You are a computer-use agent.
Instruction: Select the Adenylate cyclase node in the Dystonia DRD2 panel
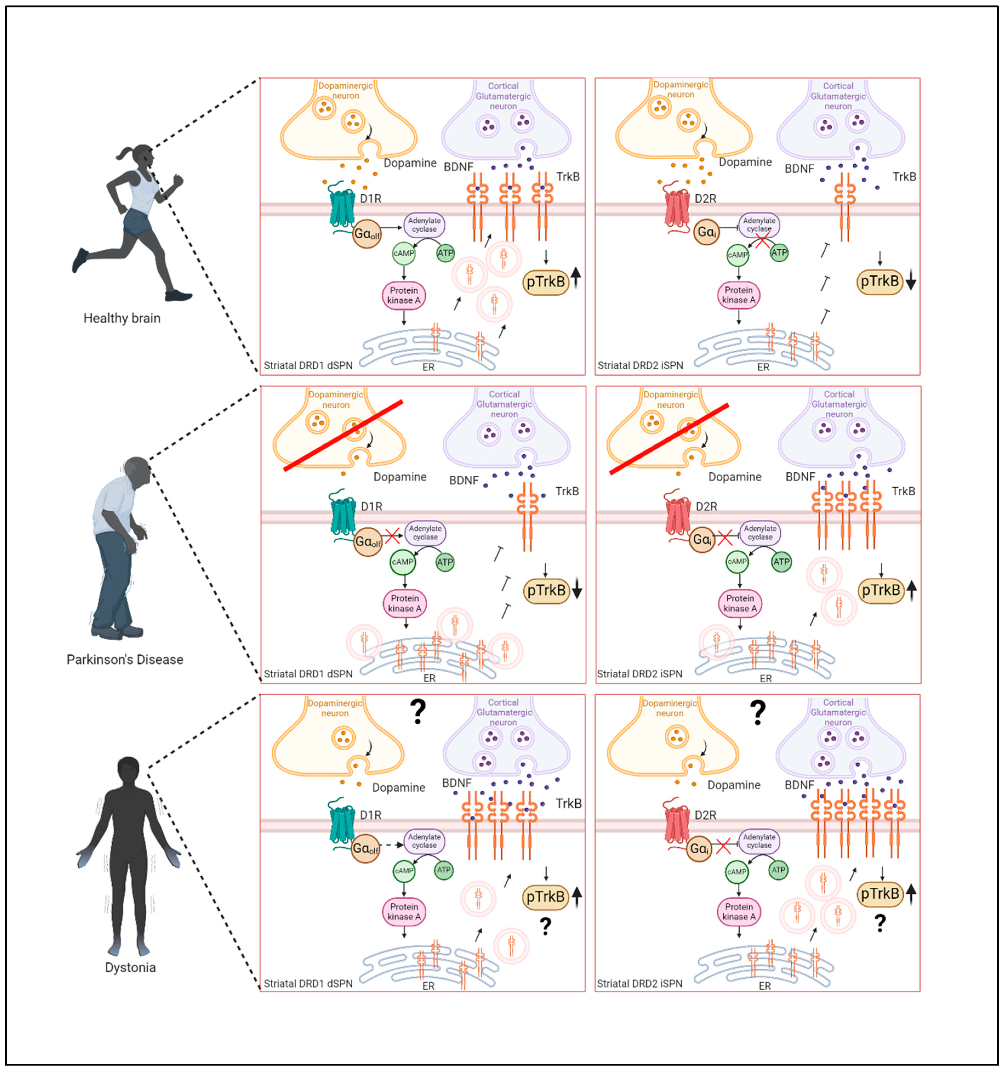(x=759, y=841)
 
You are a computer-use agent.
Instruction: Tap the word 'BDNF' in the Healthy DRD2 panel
(x=799, y=169)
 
